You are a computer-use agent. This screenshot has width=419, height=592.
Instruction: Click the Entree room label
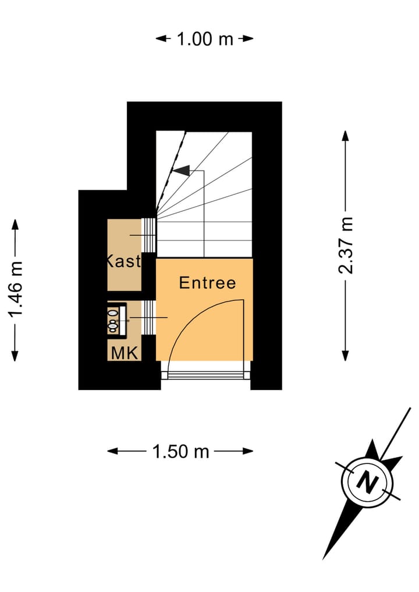pyautogui.click(x=207, y=283)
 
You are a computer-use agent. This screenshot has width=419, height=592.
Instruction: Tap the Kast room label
pyautogui.click(x=124, y=261)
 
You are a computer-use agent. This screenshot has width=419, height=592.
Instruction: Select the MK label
pyautogui.click(x=125, y=353)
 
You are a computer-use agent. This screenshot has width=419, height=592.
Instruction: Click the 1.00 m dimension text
pyautogui.click(x=204, y=39)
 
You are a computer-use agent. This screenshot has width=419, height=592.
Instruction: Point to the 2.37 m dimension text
pyautogui.click(x=346, y=245)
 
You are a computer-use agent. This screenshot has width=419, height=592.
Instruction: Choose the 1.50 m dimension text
pyautogui.click(x=180, y=451)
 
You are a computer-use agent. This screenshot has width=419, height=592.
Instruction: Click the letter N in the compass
pyautogui.click(x=367, y=482)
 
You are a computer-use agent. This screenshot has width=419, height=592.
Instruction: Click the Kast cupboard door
pyautogui.click(x=149, y=235)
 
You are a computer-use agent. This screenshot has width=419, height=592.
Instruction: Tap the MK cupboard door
pyautogui.click(x=149, y=317)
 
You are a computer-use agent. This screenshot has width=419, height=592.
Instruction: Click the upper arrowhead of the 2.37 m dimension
pyautogui.click(x=345, y=136)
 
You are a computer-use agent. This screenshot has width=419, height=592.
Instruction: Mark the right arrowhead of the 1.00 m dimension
pyautogui.click(x=249, y=39)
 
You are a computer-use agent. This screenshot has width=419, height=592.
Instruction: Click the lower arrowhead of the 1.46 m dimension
pyautogui.click(x=15, y=356)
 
